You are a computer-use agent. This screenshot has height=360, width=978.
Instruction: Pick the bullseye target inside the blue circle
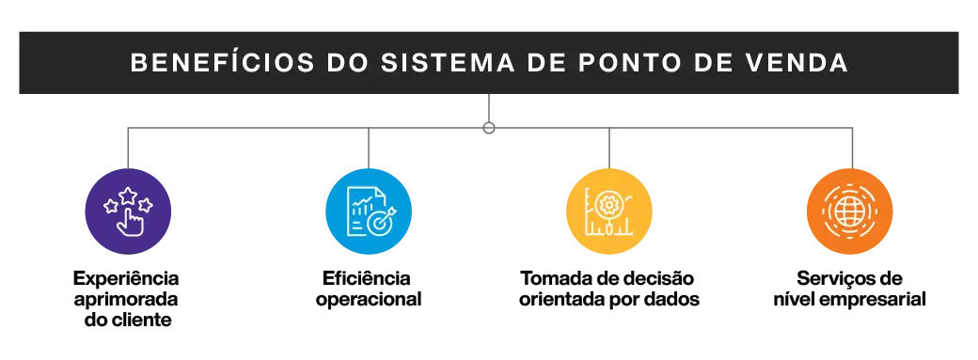379,223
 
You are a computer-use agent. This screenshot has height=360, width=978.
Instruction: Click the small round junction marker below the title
489,127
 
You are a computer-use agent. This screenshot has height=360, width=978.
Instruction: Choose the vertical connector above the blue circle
369,149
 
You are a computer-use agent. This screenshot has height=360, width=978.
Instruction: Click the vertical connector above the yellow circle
609,149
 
